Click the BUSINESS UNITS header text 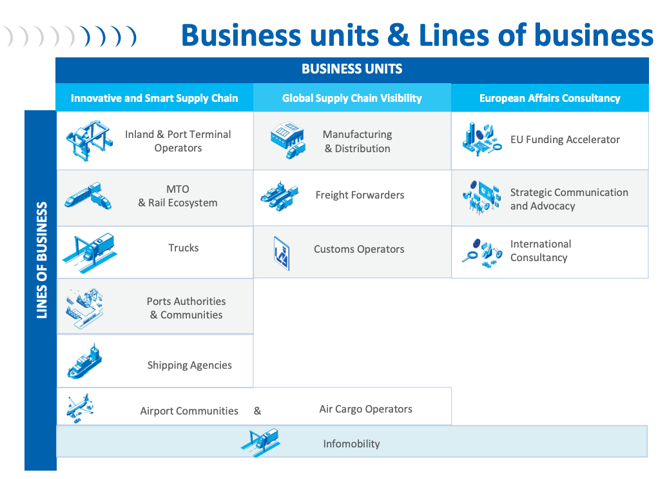tap(352, 69)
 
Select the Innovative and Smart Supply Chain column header tap(155, 98)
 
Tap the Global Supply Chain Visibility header tap(352, 98)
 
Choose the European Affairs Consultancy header tap(550, 98)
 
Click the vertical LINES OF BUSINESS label tap(41, 260)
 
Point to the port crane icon tap(89, 140)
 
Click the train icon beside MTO tap(88, 195)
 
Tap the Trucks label tap(184, 248)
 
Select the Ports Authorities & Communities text tap(186, 308)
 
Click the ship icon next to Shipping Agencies tap(85, 361)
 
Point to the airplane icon tap(80, 408)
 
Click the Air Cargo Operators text tap(366, 409)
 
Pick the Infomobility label tap(351, 444)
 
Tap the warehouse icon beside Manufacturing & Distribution tap(287, 140)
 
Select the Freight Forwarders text tap(360, 195)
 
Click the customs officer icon tap(282, 253)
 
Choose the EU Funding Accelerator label tap(565, 139)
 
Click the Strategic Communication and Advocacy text tap(569, 199)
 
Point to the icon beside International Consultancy tap(482, 253)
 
